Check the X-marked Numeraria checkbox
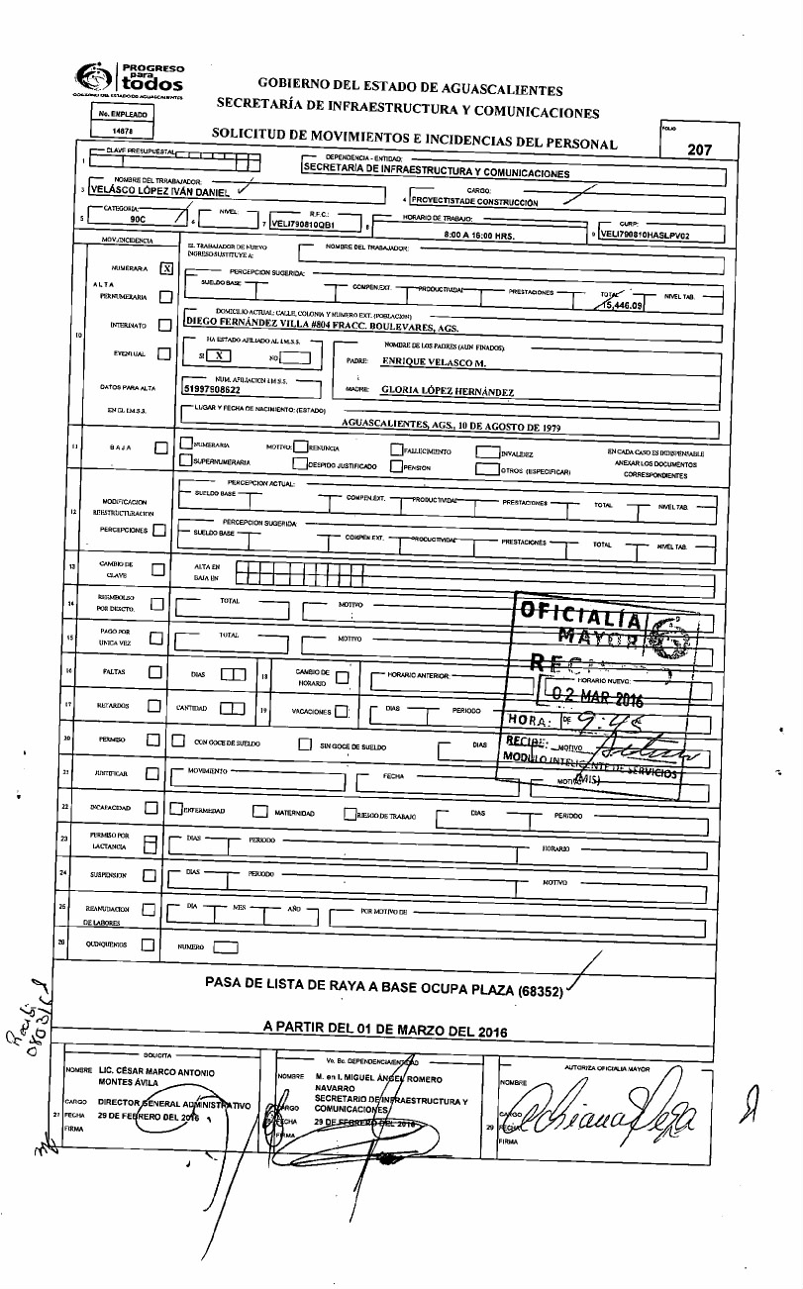coord(166,267)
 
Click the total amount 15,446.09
coord(622,307)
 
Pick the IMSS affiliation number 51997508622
coord(218,390)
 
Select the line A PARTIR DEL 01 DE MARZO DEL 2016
coord(384,1030)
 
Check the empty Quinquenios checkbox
coord(147,945)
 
